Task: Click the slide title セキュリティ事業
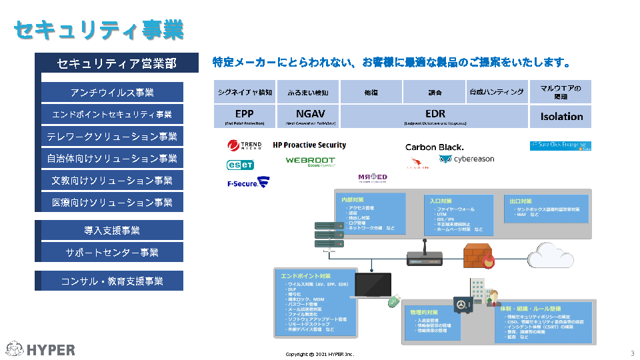click(99, 29)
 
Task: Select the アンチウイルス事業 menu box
click(112, 92)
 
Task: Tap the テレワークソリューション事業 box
click(112, 137)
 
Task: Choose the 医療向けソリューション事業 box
click(112, 202)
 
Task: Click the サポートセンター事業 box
click(112, 252)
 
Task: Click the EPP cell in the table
click(245, 116)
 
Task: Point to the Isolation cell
click(561, 116)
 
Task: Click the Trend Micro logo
click(245, 145)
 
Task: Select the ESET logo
click(240, 164)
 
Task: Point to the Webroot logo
click(310, 161)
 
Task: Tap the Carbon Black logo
click(434, 147)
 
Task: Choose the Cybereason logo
click(467, 159)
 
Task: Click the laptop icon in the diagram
click(373, 286)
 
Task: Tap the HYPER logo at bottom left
click(41, 349)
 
